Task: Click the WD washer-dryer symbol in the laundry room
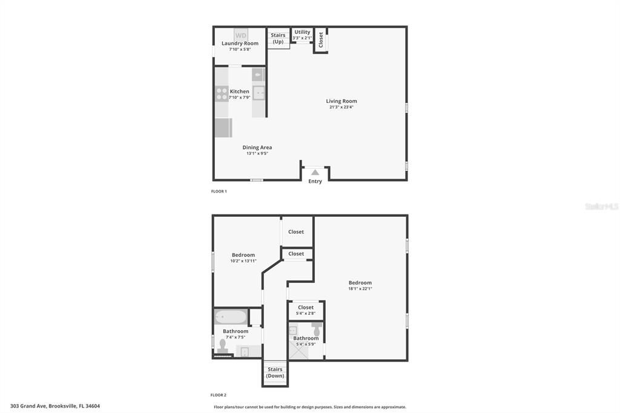coord(241,35)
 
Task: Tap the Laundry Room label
coord(240,44)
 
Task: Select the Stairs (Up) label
coord(278,38)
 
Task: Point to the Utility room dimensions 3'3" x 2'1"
coord(302,38)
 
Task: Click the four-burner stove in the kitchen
coord(222,94)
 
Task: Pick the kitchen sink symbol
coord(259,93)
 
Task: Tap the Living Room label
coord(341,101)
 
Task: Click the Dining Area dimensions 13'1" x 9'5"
coord(257,153)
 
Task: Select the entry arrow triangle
coord(315,172)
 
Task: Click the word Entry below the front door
coord(315,182)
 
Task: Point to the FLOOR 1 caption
coord(219,191)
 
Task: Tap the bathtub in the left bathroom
coord(231,317)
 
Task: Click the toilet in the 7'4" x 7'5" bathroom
coord(223,346)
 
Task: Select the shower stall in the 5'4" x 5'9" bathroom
coord(297,350)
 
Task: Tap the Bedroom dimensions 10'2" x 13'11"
coord(243,261)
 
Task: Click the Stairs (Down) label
coord(275,372)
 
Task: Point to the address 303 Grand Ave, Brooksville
coord(54,406)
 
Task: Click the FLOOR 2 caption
coord(219,395)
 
